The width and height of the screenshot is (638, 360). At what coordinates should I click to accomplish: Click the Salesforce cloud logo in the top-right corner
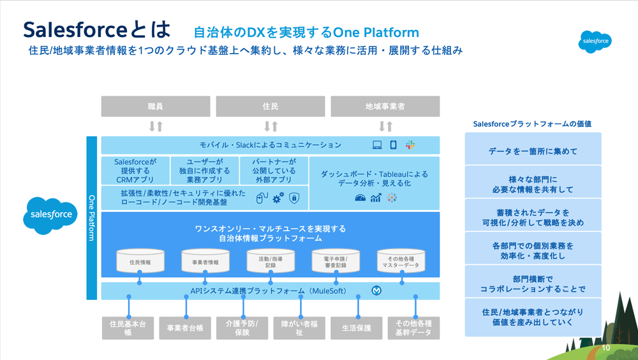(x=595, y=41)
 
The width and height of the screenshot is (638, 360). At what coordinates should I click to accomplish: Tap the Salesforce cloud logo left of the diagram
(x=52, y=214)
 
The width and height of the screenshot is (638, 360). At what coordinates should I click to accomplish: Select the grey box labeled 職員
(x=156, y=107)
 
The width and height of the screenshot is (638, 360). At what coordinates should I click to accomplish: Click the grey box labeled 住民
(x=271, y=107)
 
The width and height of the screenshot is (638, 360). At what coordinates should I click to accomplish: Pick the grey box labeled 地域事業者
(x=385, y=107)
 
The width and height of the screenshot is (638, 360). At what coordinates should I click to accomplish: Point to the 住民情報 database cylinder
(x=140, y=261)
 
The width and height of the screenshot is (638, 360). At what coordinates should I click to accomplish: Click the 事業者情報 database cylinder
(x=205, y=261)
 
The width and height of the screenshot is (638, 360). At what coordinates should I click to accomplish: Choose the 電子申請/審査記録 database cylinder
(x=336, y=260)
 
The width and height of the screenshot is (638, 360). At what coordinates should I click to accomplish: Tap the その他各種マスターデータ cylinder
(x=401, y=260)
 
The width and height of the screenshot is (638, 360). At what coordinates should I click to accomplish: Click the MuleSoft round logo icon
(x=376, y=291)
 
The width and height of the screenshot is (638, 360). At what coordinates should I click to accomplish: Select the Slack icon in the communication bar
(x=410, y=145)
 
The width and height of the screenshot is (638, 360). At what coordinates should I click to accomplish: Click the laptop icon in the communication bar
(x=378, y=145)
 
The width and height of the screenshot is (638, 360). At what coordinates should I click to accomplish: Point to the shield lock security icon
(x=294, y=199)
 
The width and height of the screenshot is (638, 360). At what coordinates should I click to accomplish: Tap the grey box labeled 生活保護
(x=357, y=328)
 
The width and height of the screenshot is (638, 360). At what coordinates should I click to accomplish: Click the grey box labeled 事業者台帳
(x=185, y=328)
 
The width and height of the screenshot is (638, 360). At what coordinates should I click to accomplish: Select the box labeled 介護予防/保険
(x=242, y=328)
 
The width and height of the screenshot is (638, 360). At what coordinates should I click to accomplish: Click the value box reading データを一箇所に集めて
(x=533, y=151)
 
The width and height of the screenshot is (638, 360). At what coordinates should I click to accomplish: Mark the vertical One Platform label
(x=91, y=218)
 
